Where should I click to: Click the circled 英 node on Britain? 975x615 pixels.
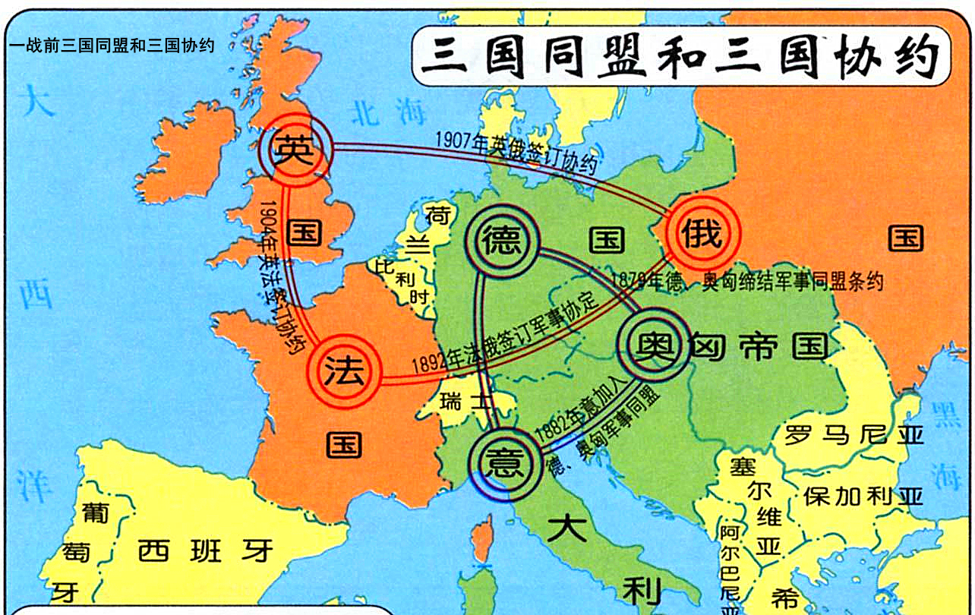294,150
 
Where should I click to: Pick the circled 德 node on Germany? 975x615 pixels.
502,241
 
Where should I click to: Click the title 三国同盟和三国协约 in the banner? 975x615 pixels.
680,57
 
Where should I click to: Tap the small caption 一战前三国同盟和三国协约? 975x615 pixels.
112,46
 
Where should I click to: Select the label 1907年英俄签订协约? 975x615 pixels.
516,152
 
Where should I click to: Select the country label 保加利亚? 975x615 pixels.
863,496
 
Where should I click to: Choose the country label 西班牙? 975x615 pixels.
205,550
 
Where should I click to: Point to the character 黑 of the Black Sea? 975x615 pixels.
946,415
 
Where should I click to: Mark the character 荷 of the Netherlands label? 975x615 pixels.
439,215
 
